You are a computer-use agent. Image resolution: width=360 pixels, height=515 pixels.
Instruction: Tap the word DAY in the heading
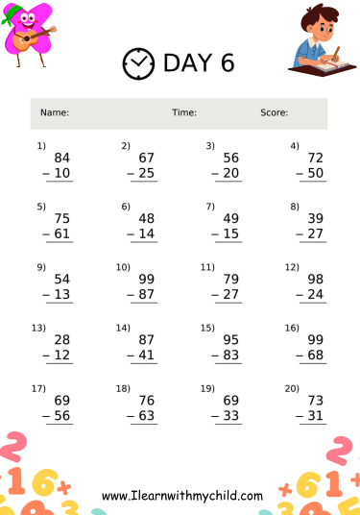186,63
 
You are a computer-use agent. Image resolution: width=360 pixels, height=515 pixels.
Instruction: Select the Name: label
54,113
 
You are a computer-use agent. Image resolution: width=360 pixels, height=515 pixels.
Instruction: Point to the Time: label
184,113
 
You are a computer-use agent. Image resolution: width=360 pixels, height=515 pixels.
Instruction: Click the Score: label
274,113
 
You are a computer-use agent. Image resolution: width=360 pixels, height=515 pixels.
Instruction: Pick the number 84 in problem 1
62,158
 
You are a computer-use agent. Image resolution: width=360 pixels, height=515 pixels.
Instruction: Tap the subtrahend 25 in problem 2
147,173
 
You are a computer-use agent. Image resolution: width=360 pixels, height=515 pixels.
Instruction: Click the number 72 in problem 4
316,158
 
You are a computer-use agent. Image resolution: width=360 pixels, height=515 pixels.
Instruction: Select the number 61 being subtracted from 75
62,233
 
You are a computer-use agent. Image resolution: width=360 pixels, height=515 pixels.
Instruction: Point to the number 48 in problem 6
147,218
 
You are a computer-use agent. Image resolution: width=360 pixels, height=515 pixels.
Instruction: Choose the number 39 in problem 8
316,218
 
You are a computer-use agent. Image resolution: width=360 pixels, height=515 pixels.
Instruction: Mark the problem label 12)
292,266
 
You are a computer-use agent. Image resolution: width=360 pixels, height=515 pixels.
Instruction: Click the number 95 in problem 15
231,339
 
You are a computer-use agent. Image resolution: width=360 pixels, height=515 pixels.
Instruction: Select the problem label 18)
122,388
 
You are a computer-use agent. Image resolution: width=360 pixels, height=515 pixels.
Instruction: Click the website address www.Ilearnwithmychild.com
182,496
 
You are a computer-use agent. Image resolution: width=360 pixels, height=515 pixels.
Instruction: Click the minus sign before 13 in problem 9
46,294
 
